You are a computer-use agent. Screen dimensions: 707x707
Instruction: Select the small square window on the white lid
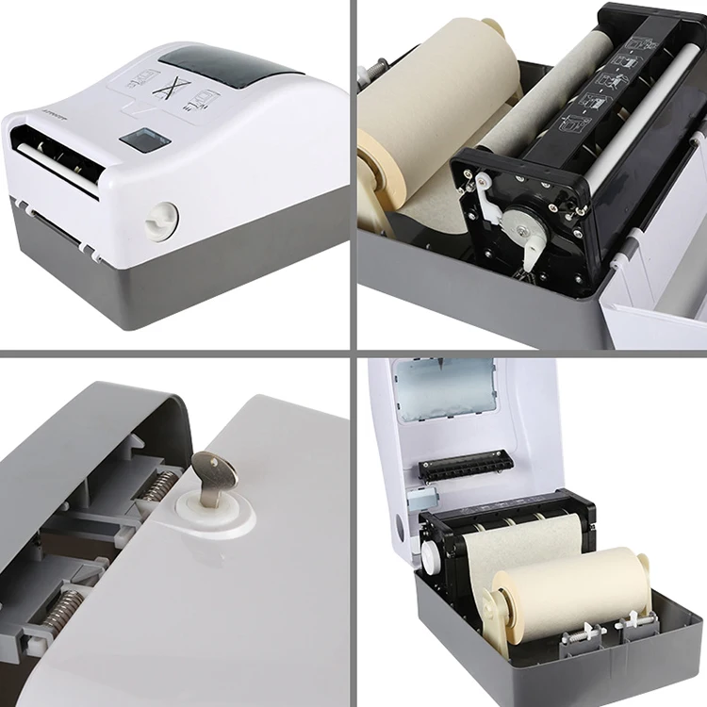[x=144, y=140]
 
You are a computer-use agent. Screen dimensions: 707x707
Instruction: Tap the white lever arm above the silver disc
[x=488, y=197]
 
